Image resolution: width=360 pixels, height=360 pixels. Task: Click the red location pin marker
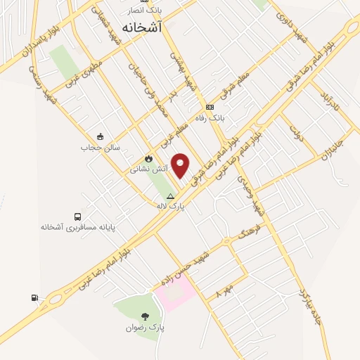(181, 165)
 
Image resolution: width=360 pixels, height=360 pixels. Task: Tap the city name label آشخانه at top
(141, 27)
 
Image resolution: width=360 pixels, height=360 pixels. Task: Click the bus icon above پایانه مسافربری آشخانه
(77, 217)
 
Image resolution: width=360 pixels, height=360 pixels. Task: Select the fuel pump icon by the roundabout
(34, 297)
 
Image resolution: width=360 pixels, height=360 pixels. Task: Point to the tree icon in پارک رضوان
(146, 316)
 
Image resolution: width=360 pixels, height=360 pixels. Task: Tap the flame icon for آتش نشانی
(148, 159)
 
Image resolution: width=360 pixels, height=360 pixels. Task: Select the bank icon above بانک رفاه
(209, 107)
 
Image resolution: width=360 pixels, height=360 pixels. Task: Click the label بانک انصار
(145, 11)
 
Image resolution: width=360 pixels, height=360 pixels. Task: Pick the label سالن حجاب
(100, 148)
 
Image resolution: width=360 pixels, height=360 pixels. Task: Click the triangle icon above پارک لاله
(170, 197)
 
